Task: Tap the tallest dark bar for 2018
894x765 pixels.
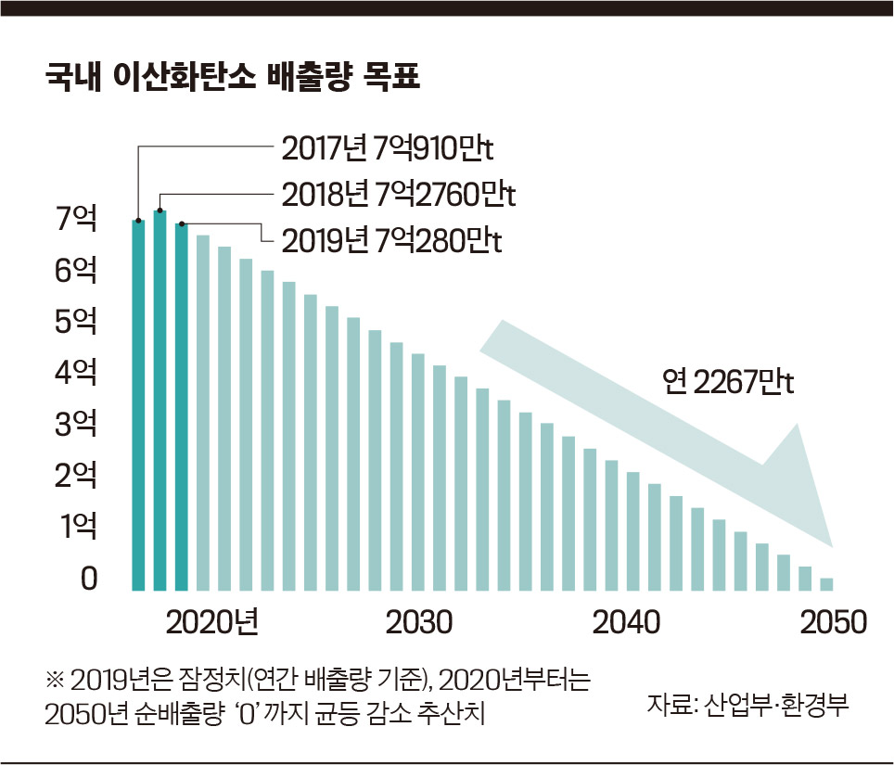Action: pyautogui.click(x=160, y=400)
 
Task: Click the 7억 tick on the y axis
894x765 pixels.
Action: pyautogui.click(x=75, y=220)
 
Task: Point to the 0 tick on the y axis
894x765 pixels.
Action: pyautogui.click(x=89, y=579)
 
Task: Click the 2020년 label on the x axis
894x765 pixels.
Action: pyautogui.click(x=211, y=621)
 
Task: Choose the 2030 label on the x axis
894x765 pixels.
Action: pyautogui.click(x=419, y=621)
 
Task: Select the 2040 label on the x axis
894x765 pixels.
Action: pyautogui.click(x=627, y=621)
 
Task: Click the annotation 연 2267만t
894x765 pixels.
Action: pyautogui.click(x=729, y=382)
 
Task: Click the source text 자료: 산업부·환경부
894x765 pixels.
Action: pyautogui.click(x=747, y=702)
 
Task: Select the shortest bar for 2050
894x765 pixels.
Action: pyautogui.click(x=826, y=583)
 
